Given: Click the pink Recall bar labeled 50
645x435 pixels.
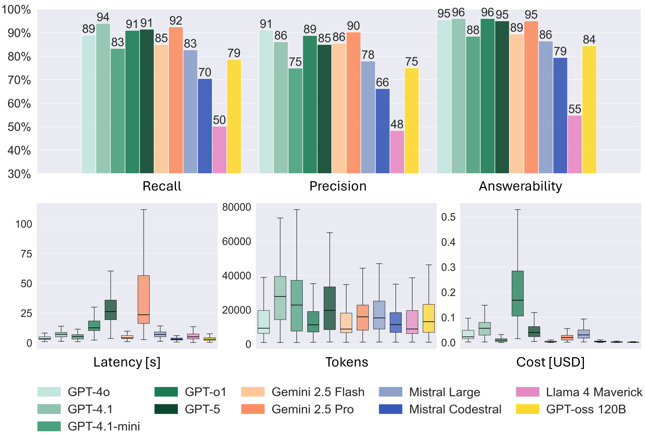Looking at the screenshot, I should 219,150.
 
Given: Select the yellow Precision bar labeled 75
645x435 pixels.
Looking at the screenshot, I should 412,121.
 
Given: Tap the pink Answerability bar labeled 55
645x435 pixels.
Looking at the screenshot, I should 575,144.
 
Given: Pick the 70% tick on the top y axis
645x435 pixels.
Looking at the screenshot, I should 19,80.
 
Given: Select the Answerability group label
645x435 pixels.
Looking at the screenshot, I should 520,186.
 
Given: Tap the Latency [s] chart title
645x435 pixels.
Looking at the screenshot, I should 127,362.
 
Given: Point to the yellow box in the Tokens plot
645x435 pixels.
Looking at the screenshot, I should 429,318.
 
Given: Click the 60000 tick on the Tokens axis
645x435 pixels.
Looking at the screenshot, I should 236,241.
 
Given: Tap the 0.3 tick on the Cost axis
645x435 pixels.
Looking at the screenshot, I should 448,267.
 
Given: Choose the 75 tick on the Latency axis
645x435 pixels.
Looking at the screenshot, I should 26,254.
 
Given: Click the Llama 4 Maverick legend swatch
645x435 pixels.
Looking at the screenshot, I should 528,392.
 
